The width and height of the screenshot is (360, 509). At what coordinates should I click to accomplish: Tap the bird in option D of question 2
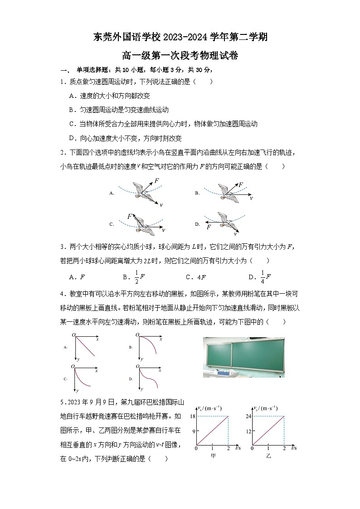(226, 221)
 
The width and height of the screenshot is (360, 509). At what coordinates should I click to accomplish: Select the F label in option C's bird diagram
(130, 217)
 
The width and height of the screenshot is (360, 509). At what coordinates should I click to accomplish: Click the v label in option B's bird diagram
(251, 198)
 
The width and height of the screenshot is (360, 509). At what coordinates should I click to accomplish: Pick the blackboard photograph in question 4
(243, 357)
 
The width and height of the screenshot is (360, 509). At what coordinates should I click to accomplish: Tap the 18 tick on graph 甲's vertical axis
(192, 416)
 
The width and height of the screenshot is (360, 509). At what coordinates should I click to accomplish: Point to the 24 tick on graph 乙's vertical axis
(248, 416)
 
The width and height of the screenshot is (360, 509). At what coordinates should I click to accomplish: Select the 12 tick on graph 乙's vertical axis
(248, 431)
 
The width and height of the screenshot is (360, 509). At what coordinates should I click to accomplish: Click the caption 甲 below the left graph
(213, 456)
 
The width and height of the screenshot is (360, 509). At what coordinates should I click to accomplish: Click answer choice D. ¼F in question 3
(259, 276)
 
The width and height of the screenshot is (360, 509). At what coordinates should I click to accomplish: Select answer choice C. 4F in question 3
(196, 277)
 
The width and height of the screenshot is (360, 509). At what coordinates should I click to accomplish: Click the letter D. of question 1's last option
(72, 138)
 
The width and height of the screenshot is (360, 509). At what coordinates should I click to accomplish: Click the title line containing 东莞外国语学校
(180, 37)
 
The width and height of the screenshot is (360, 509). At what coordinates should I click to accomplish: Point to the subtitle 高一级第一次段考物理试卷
(180, 56)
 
